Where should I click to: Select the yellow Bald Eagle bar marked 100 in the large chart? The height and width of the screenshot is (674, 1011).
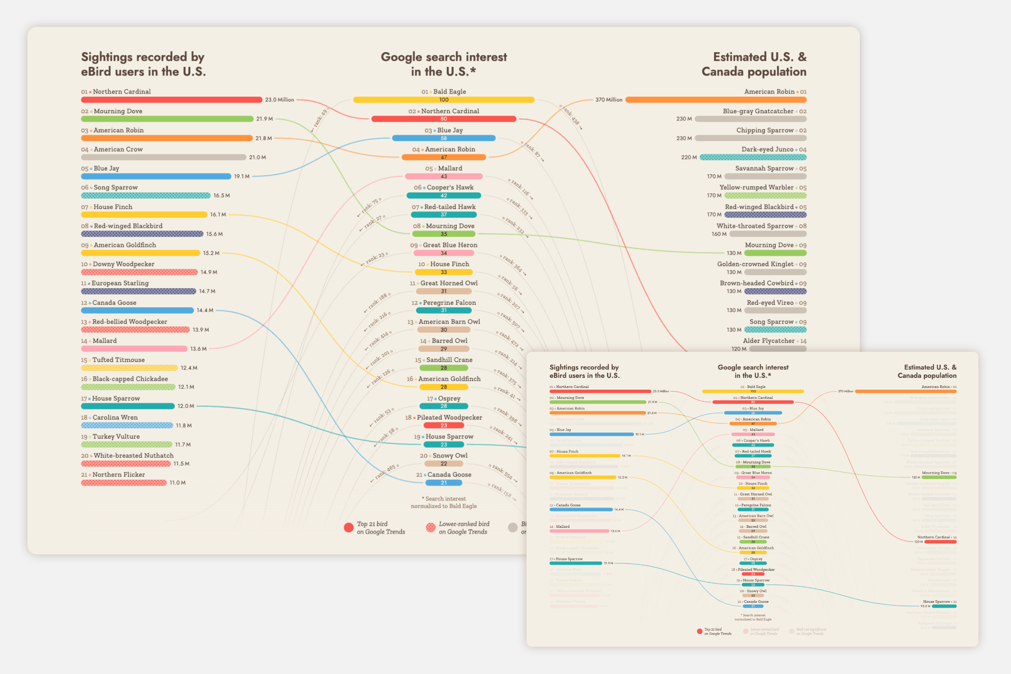click(444, 100)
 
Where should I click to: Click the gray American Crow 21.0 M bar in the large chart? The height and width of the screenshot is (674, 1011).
click(163, 157)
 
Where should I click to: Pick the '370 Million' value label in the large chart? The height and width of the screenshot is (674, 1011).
click(609, 100)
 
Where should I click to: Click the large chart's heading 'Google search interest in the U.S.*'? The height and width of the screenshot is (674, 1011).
click(444, 64)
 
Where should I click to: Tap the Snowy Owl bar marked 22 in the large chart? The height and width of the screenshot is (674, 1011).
click(444, 464)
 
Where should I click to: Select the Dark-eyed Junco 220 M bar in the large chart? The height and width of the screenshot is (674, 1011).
click(753, 157)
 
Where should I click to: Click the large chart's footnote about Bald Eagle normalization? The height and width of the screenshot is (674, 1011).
click(444, 503)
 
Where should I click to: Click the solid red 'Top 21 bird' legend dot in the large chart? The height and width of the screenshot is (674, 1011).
click(349, 528)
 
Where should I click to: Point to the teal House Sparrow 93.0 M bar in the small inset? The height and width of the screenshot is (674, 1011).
click(944, 607)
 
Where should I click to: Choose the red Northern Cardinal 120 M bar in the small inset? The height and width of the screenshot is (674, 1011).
click(941, 542)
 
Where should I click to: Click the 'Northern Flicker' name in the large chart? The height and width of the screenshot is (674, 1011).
click(119, 475)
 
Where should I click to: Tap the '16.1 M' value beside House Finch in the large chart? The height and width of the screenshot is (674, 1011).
click(218, 214)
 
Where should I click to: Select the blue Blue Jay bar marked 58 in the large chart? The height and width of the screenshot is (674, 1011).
click(444, 139)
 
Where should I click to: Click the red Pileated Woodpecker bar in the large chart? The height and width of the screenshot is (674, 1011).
click(444, 425)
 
